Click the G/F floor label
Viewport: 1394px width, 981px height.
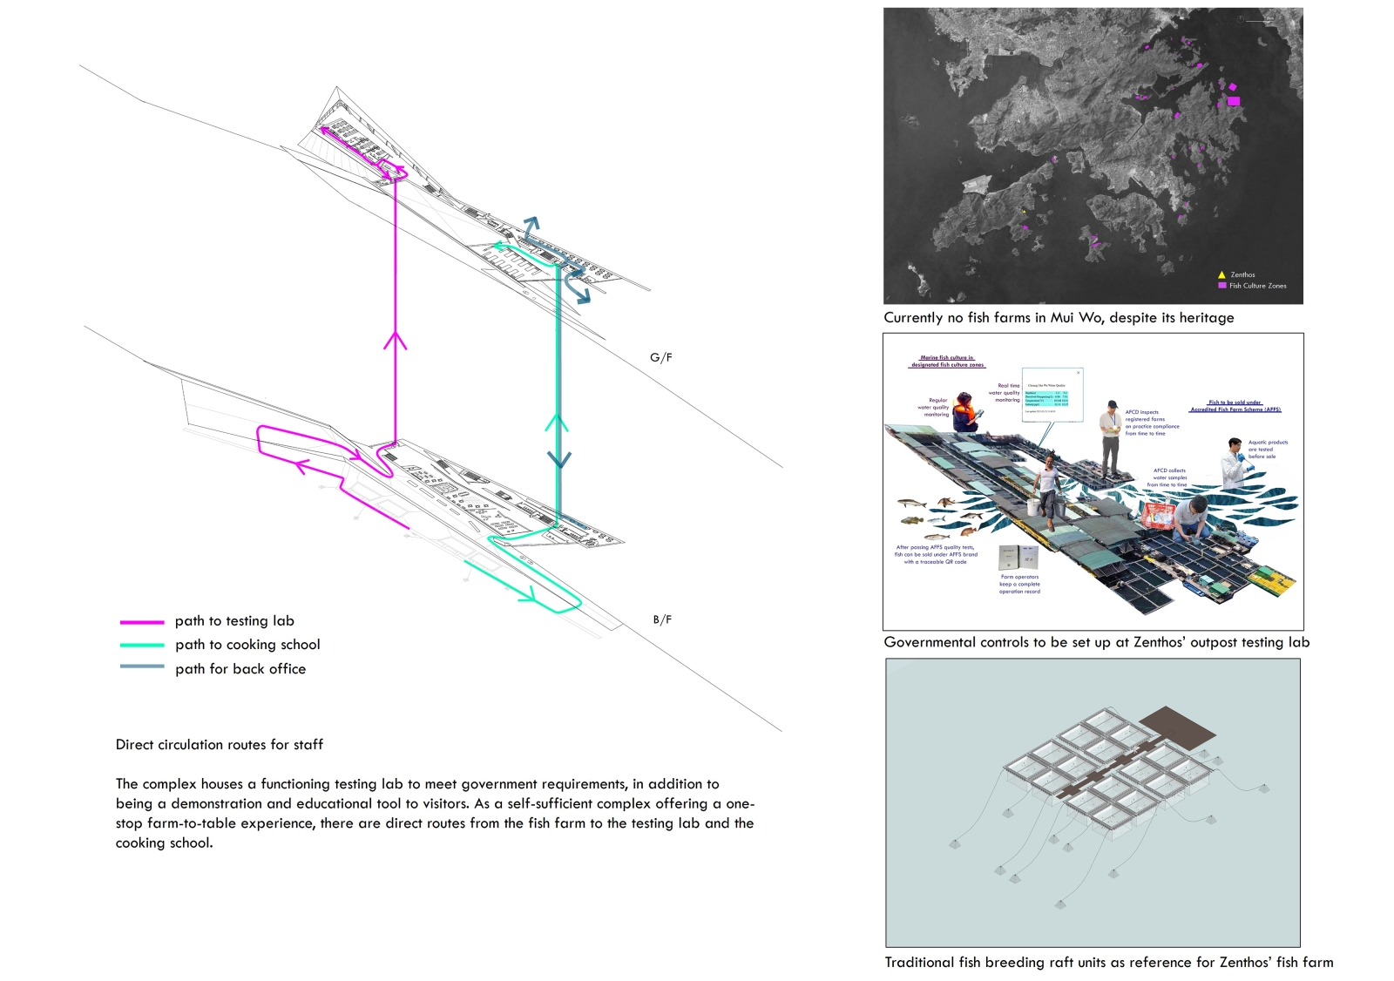[x=660, y=357]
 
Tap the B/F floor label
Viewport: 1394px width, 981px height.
[x=662, y=619]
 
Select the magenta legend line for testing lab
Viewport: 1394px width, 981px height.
[x=142, y=622]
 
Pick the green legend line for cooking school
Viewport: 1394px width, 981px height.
[x=142, y=646]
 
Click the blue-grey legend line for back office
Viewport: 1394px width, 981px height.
[x=142, y=667]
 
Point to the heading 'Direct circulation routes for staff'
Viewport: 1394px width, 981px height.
[x=219, y=745]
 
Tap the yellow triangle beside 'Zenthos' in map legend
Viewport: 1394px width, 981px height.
[x=1221, y=274]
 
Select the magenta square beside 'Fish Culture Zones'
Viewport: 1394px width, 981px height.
[x=1221, y=286]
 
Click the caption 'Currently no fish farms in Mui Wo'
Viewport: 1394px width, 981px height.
[x=1059, y=318]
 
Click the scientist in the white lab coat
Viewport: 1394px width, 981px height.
[x=1235, y=463]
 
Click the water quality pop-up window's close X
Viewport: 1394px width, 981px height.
[x=1078, y=373]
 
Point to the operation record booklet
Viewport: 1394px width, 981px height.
[x=1018, y=557]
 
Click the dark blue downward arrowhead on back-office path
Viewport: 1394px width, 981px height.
[x=559, y=458]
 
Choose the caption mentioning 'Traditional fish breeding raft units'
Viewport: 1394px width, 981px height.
[x=1108, y=963]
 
